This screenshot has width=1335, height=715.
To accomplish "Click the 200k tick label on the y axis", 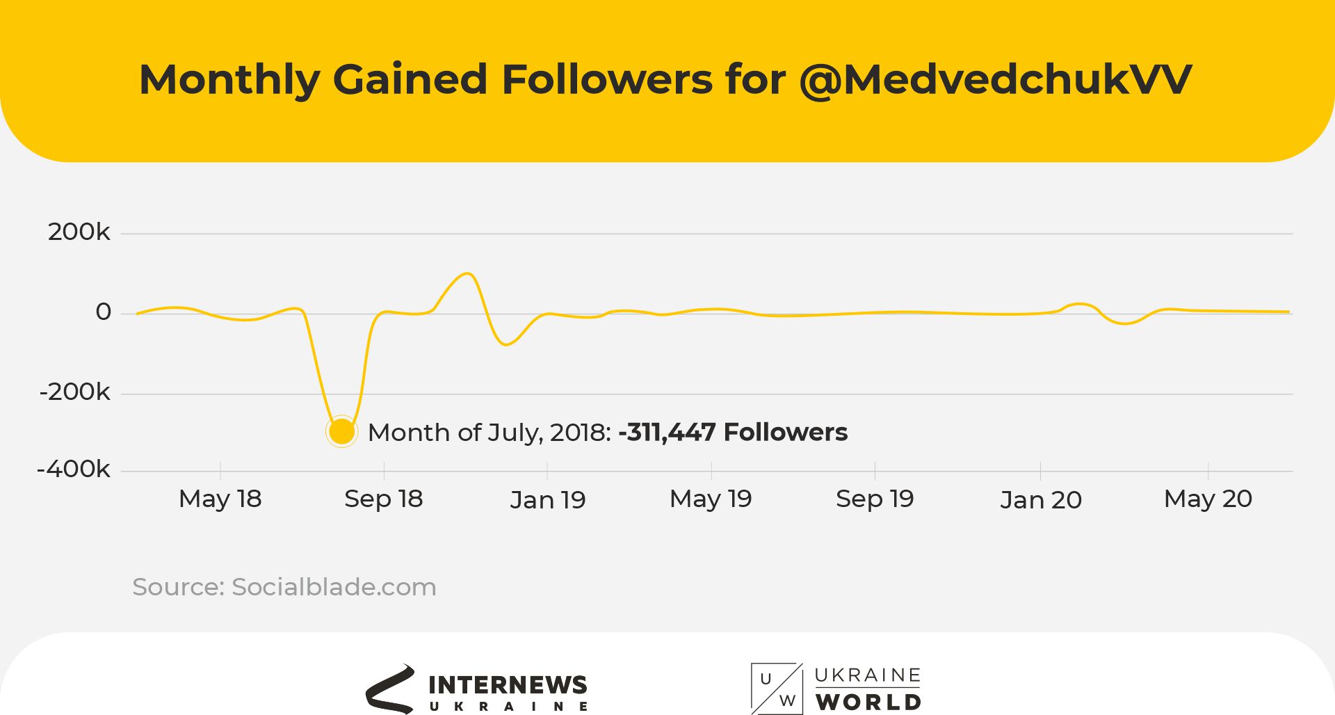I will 79,232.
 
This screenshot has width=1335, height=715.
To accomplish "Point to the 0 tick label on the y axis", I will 103,312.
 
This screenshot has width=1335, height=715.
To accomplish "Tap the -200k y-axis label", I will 74,392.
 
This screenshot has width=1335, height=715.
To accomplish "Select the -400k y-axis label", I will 73,469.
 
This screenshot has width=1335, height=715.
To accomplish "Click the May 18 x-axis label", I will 220,499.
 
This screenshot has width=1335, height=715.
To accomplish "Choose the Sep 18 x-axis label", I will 383,499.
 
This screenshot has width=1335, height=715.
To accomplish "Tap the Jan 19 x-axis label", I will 548,500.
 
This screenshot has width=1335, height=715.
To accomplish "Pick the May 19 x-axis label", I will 711,499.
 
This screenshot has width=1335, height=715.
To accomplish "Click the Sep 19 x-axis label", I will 875,499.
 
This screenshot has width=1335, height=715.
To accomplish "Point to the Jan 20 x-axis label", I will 1041,500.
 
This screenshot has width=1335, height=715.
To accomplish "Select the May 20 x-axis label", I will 1208,499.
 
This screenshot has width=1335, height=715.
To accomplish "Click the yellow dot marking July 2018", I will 341,432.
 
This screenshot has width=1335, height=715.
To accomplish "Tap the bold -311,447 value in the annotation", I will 667,432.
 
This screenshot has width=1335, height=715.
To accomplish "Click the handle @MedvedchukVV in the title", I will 996,79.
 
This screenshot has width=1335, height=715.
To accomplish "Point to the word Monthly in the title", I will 229,79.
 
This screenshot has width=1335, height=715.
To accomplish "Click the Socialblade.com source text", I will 334,587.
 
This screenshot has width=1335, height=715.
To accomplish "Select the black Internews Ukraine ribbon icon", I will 390,689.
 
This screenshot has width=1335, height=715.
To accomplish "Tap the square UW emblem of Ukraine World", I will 777,689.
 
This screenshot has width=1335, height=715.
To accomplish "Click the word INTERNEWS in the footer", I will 508,685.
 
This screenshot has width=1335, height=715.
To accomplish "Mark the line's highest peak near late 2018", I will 468,273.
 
